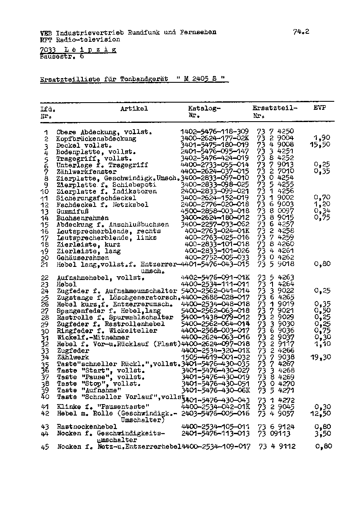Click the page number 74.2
[301, 31]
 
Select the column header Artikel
[134, 109]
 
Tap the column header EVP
[320, 108]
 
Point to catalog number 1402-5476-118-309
[215, 132]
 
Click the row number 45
[45, 447]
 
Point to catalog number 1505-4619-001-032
[215, 357]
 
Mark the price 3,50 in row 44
[323, 433]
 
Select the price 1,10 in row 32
[323, 344]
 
